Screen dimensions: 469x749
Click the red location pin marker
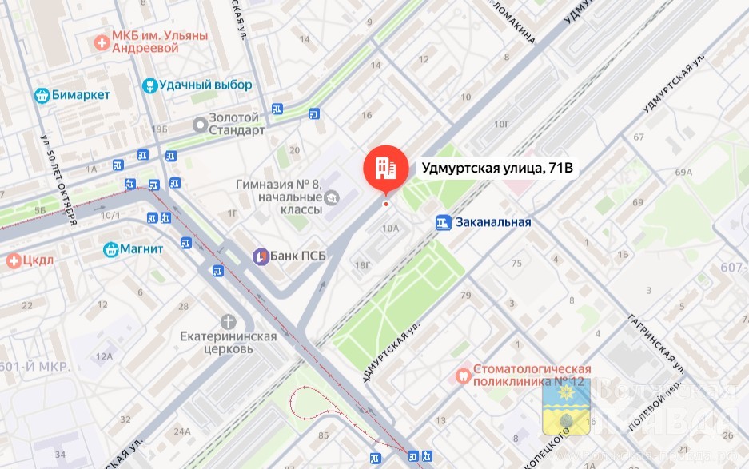tap(384, 169)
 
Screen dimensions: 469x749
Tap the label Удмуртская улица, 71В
tap(499, 169)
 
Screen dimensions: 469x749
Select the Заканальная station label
tap(493, 222)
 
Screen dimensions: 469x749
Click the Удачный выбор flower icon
tap(148, 85)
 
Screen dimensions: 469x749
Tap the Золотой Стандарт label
tap(236, 124)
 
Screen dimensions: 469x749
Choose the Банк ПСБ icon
tap(261, 256)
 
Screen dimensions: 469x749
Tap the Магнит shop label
tap(141, 249)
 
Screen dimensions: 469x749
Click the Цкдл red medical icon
tap(13, 260)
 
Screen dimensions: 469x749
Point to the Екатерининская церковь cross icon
tap(229, 322)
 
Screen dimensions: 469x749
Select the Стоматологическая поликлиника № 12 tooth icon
tap(462, 375)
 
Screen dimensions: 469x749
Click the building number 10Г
tap(502, 124)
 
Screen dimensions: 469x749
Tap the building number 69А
tap(683, 172)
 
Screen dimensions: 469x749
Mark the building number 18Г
tap(364, 265)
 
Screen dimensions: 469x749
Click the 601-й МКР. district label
tap(36, 367)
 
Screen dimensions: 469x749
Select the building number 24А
tap(182, 432)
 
